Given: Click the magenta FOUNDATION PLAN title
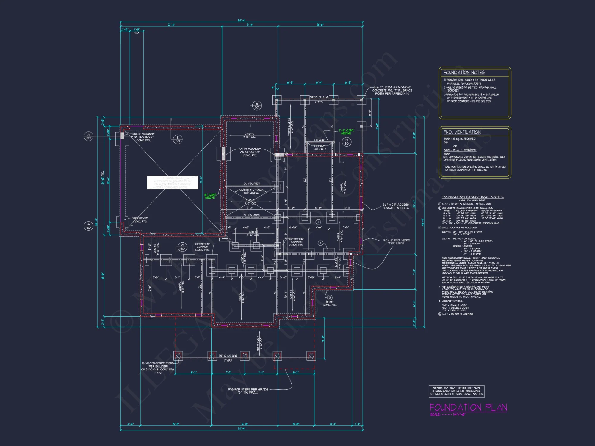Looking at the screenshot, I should (468, 407).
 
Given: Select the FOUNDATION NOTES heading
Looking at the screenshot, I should (464, 73).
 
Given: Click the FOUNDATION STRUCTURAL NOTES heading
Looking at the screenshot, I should (472, 197).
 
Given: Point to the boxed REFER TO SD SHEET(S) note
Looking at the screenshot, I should (456, 391).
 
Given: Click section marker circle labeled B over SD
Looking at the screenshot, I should (257, 106).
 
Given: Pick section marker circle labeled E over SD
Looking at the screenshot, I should (178, 139).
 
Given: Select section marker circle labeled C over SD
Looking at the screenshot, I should (182, 247).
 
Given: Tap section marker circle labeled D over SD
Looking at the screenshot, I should (347, 142).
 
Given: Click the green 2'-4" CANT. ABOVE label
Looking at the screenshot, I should (346, 132).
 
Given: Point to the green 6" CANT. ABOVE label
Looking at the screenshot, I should (210, 196).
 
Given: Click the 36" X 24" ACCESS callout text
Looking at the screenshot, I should (396, 206).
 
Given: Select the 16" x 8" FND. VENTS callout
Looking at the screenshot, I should (396, 242).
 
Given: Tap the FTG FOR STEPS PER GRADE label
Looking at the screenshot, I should (248, 391).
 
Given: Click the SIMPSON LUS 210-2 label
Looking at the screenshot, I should (320, 147).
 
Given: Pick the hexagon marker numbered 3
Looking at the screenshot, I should (330, 297).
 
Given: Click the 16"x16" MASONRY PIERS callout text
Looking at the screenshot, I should (158, 368).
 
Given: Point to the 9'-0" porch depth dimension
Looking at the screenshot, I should (323, 338).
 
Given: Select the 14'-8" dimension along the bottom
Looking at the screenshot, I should (244, 424).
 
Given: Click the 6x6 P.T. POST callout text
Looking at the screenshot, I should (392, 90).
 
